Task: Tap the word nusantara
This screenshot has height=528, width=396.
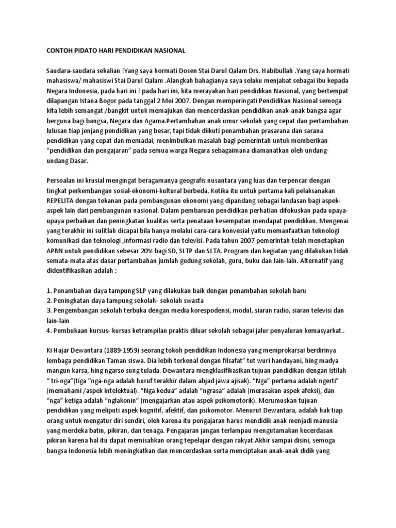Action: tap(225, 178)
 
